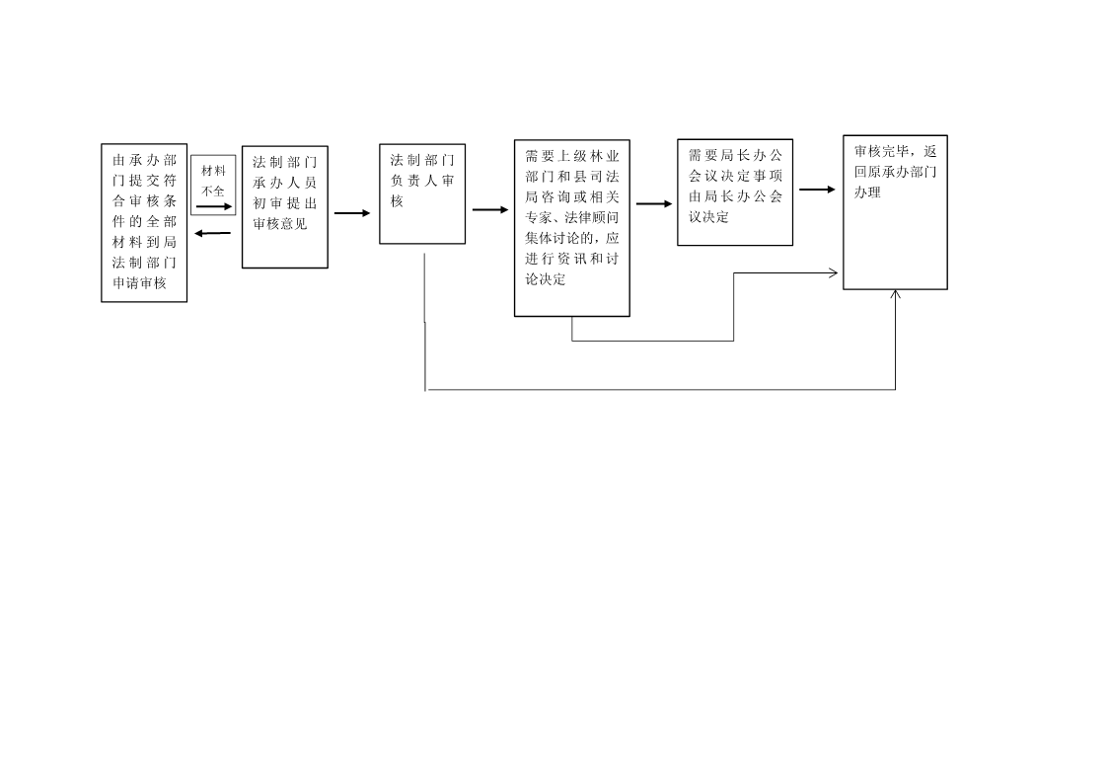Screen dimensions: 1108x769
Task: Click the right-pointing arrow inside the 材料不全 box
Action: (x=214, y=206)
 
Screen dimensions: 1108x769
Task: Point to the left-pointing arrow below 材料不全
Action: (x=213, y=233)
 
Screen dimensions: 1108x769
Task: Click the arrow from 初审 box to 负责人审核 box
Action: (x=352, y=213)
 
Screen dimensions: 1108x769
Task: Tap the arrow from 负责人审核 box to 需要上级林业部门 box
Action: (x=490, y=209)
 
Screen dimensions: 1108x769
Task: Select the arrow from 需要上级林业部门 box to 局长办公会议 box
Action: (x=654, y=203)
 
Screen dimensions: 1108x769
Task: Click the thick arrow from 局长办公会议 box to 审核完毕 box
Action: (x=818, y=190)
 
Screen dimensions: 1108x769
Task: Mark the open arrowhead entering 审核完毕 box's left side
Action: (x=834, y=272)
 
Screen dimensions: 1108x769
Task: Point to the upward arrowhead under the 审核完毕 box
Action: (x=895, y=294)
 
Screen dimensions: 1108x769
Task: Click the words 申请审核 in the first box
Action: (x=139, y=283)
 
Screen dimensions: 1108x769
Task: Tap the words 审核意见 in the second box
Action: (x=280, y=224)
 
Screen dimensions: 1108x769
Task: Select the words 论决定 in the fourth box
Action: (x=546, y=279)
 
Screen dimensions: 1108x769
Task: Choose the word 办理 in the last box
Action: (x=867, y=192)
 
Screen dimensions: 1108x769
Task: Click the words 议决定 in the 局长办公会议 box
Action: (x=708, y=217)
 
